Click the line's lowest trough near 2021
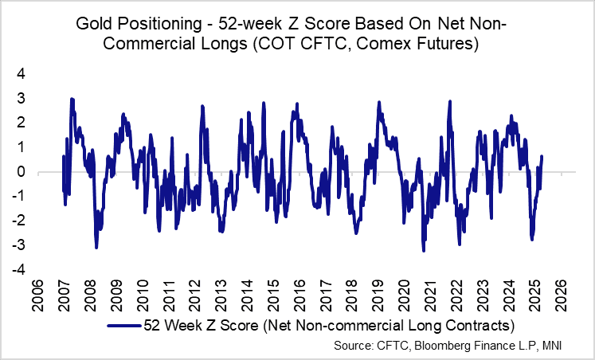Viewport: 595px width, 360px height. coord(424,251)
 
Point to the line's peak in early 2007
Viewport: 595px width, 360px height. coord(72,99)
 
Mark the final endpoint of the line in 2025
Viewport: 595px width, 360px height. coord(542,156)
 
